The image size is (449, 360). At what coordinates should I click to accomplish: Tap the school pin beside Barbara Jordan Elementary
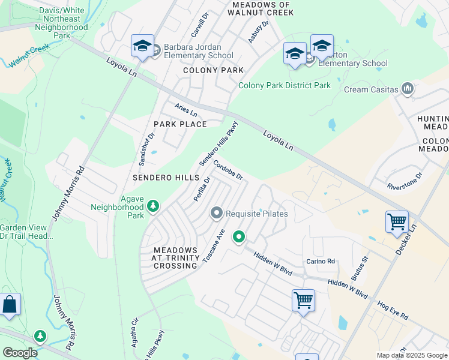coord(142,46)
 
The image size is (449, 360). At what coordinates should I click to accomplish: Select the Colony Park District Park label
coord(285,85)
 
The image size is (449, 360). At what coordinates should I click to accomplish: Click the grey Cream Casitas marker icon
coord(408,89)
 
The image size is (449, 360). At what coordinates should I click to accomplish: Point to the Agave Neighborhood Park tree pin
coord(154,206)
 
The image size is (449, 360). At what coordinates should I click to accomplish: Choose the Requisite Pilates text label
coord(256,214)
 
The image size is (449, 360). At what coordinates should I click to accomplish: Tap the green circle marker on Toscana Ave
coord(239,237)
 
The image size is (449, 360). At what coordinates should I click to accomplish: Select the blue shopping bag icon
coord(10,304)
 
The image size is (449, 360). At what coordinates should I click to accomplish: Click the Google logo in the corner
coord(20,353)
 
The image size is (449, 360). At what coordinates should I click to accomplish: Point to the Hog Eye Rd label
coord(393,311)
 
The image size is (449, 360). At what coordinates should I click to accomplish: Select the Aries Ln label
coord(185,110)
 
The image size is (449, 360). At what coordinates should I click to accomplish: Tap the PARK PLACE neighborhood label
coord(180,124)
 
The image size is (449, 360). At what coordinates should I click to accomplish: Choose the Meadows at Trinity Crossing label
coord(175,258)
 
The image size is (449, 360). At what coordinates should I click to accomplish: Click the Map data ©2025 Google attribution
coord(412,355)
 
